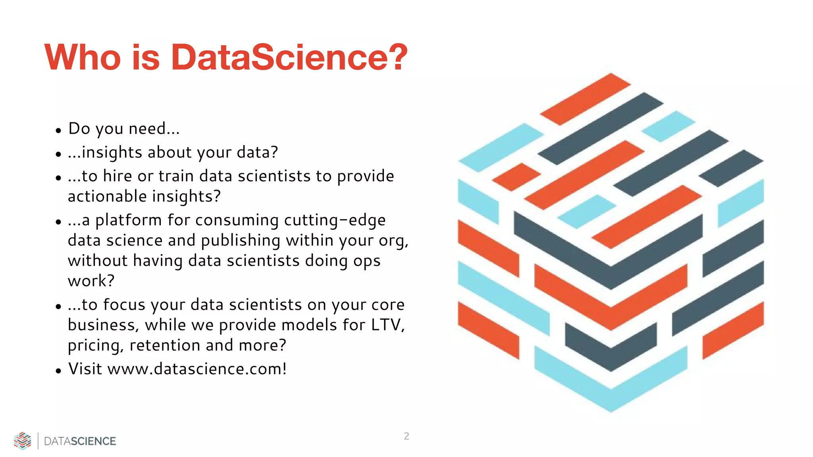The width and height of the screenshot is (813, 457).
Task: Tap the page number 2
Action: click(406, 436)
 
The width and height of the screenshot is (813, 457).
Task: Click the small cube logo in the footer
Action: click(23, 441)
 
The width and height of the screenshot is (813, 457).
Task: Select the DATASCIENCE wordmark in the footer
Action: click(80, 441)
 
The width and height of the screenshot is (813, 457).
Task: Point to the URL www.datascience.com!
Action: click(197, 369)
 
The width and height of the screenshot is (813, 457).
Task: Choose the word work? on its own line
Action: click(91, 281)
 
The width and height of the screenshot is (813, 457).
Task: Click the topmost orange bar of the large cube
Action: click(585, 99)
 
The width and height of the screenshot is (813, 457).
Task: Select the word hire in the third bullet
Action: click(117, 176)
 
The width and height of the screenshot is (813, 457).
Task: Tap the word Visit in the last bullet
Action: click(85, 369)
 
